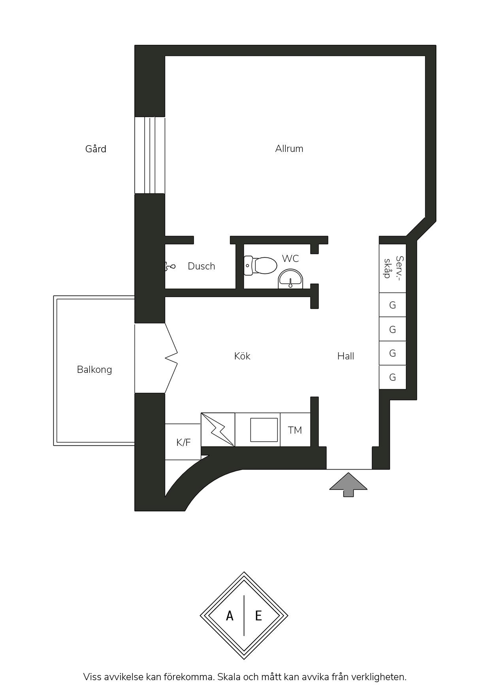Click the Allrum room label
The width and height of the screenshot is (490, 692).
click(x=289, y=149)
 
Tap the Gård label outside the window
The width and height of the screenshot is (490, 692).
click(x=96, y=149)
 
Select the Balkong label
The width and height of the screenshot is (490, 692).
click(x=94, y=370)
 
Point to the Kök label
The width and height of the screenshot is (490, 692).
click(x=242, y=356)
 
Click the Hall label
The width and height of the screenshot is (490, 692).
click(x=345, y=356)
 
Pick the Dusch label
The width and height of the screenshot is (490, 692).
click(x=201, y=266)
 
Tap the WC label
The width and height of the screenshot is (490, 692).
click(x=290, y=258)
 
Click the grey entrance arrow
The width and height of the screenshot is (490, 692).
click(x=348, y=484)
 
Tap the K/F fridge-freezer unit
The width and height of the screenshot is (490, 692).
click(x=183, y=442)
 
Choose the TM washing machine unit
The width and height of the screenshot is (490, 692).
click(x=295, y=430)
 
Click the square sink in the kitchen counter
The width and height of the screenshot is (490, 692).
click(x=264, y=430)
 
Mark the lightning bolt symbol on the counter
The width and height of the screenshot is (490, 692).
click(x=218, y=430)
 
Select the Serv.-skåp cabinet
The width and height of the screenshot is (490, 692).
click(x=392, y=268)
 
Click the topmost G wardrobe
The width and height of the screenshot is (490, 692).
click(x=392, y=305)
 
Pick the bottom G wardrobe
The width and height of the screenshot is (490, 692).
click(x=392, y=378)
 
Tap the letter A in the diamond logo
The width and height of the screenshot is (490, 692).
click(x=230, y=615)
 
